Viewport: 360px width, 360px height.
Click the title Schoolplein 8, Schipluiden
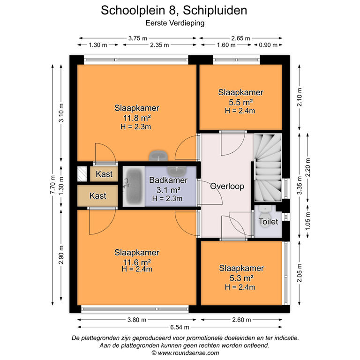pos(174,10)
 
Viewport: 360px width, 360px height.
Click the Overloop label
pos(227,186)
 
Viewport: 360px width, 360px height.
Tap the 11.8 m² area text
pos(137,117)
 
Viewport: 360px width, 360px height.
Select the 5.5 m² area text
pos(240,102)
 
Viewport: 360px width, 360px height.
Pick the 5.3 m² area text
pos(241,278)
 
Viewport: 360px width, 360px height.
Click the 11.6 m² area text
pos(136,262)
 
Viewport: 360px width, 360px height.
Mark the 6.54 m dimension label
pos(180,327)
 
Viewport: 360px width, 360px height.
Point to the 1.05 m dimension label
pos(308,222)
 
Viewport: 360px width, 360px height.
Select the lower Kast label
pos(97,196)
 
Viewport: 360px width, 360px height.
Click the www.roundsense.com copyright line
pos(180,352)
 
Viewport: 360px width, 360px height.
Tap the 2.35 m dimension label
pos(160,45)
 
